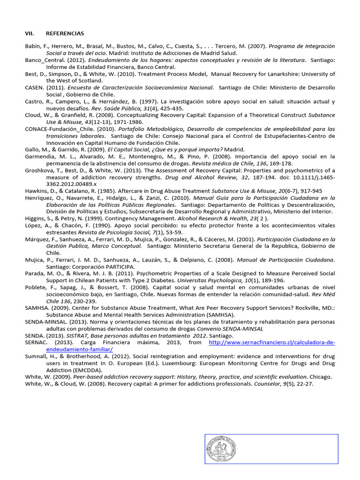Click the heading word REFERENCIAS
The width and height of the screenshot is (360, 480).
pyautogui.click(x=65, y=34)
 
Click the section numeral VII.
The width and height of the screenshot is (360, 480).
pyautogui.click(x=30, y=34)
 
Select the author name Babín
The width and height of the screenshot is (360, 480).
pyautogui.click(x=32, y=46)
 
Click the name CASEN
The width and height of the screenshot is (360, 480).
pyautogui.click(x=34, y=88)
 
